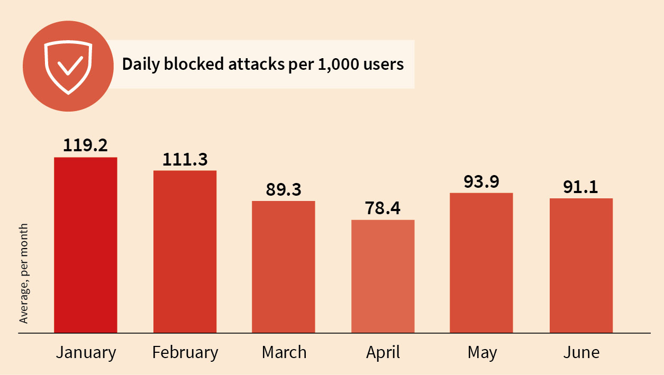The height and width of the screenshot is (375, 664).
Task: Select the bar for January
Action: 85,245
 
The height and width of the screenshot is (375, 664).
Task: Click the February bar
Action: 185,252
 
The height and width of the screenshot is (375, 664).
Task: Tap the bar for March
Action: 283,267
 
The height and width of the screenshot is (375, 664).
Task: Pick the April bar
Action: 383,277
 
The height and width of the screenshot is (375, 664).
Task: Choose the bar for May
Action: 481,263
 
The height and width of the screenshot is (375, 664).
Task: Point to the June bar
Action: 581,266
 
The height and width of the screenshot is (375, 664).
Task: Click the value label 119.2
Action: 85,145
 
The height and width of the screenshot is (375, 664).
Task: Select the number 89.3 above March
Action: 283,189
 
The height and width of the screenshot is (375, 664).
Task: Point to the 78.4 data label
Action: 383,208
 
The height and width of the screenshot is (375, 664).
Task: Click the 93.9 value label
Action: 481,181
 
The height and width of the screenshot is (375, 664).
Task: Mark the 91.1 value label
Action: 581,187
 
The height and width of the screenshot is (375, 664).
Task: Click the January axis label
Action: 86,353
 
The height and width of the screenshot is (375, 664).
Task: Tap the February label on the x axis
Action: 185,353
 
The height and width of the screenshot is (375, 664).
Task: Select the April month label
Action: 383,353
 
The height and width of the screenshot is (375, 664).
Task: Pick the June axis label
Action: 581,353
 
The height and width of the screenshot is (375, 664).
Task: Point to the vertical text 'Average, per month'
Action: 23,273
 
